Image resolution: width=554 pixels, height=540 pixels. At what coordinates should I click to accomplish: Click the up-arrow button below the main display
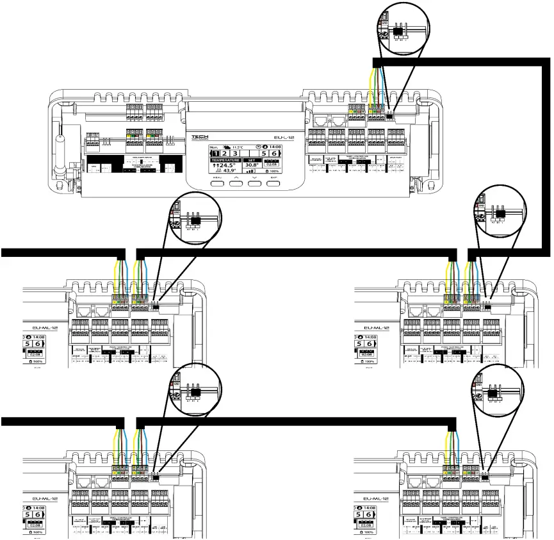click(237, 182)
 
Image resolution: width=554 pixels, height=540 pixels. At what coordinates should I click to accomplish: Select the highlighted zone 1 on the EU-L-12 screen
click(218, 154)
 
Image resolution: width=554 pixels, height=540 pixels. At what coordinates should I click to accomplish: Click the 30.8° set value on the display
click(252, 165)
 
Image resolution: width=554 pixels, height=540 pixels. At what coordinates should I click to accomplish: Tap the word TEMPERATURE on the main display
click(225, 160)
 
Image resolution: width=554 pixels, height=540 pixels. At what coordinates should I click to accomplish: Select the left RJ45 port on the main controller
click(318, 120)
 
